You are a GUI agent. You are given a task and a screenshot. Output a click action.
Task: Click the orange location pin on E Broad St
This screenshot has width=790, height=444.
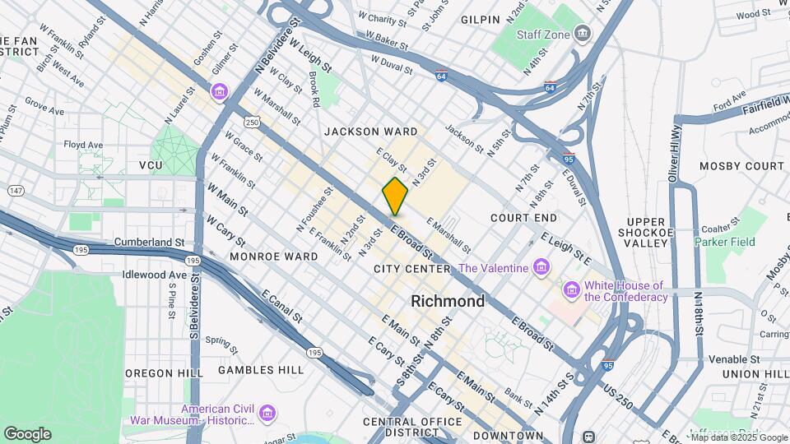[395, 196]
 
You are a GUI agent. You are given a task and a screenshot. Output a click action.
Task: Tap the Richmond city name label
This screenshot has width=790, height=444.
[448, 301]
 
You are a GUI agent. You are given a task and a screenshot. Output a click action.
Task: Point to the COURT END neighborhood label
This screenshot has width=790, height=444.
[523, 218]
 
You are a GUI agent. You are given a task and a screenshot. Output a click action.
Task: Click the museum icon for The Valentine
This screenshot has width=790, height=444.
[541, 268]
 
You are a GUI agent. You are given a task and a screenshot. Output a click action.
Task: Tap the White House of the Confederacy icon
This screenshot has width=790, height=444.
[571, 290]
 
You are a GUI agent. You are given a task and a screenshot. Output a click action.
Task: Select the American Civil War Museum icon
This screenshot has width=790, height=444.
[267, 414]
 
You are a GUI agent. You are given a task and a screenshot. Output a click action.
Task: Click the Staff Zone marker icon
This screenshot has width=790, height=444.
[583, 35]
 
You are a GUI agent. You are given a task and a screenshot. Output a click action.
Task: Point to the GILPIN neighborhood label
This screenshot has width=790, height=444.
[481, 19]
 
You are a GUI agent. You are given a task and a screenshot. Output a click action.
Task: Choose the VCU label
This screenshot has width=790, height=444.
[151, 165]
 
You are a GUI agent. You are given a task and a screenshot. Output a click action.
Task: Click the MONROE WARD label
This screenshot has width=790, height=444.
[273, 257]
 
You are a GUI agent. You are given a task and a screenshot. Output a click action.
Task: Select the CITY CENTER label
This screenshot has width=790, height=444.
[411, 269]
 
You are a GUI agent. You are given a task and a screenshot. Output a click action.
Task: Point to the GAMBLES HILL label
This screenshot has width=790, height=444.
[261, 370]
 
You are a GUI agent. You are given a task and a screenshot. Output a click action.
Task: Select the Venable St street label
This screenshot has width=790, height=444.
[731, 359]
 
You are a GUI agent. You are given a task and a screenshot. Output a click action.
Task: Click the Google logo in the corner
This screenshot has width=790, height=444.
[27, 433]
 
